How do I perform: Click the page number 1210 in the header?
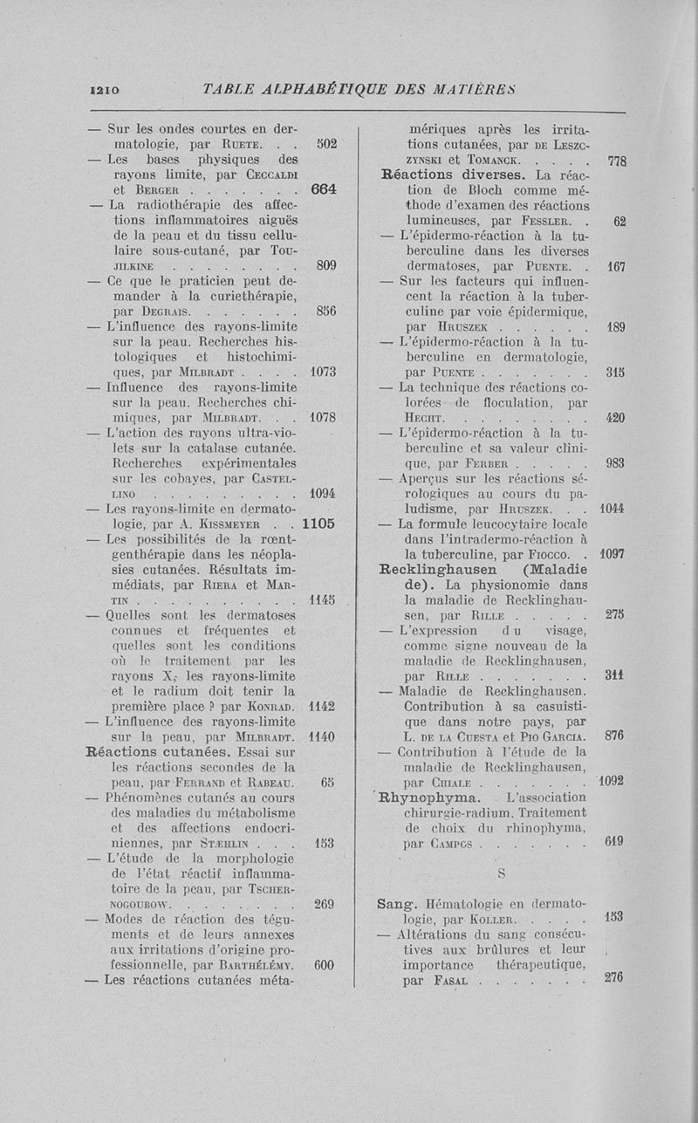[105, 89]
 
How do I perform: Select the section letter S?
[502, 873]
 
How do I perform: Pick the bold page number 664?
[323, 188]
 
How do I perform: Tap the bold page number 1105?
[318, 525]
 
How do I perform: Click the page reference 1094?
[323, 494]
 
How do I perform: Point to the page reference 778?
[617, 161]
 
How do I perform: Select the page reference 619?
[614, 842]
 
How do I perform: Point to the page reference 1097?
[613, 554]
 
